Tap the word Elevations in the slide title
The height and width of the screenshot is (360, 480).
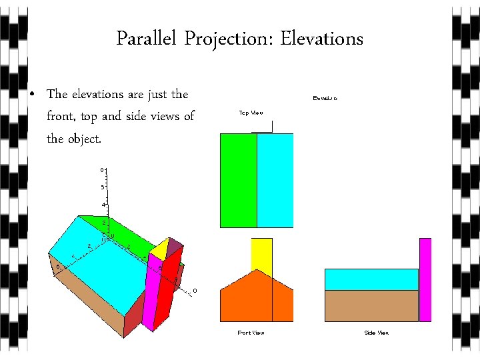321,39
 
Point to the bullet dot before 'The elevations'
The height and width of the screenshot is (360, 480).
33,95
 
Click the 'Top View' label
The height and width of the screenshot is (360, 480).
251,113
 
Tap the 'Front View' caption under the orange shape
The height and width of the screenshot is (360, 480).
251,332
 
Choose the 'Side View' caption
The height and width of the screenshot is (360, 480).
376,332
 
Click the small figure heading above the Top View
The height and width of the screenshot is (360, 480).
325,98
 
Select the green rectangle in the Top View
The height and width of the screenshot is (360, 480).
238,180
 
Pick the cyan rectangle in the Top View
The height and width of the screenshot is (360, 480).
275,180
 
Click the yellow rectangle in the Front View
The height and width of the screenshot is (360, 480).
261,255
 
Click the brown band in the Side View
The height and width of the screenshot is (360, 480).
371,305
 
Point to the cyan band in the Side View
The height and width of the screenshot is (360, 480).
371,279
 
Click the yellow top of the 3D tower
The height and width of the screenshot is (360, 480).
160,248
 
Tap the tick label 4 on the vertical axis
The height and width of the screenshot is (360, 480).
102,204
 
